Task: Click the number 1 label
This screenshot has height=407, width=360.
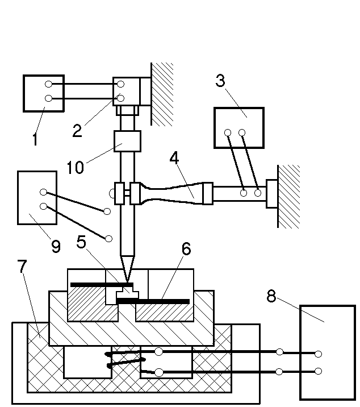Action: tap(35, 138)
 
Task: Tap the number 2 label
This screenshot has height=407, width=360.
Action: tap(78, 130)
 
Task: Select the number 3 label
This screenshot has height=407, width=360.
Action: tap(220, 81)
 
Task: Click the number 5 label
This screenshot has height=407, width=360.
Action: tap(83, 242)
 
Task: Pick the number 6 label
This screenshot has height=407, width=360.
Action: tap(186, 248)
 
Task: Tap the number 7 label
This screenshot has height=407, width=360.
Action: tap(22, 268)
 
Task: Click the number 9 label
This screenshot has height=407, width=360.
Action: tap(56, 246)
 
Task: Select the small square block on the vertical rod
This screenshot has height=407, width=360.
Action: tap(127, 141)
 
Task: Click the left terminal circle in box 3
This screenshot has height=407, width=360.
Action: tap(228, 134)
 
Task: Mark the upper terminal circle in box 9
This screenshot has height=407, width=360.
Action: tap(43, 192)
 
